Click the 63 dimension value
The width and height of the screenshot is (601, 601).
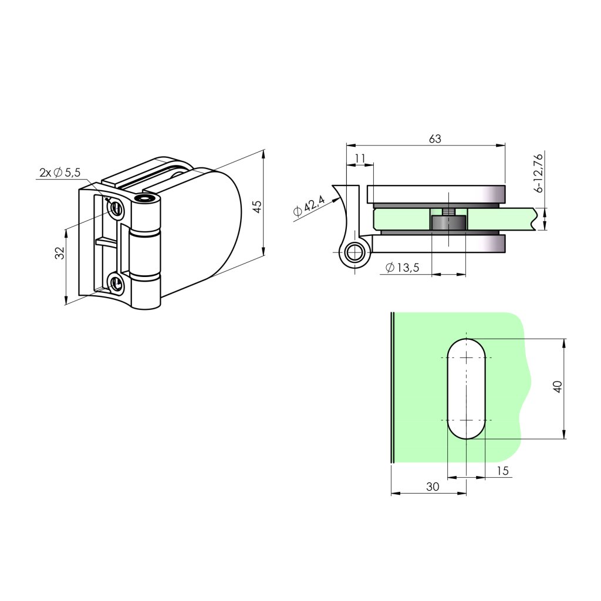(435, 139)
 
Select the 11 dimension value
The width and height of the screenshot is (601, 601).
(360, 158)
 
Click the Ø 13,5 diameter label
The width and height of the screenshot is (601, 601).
(403, 267)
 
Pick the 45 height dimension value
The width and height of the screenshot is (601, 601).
(258, 207)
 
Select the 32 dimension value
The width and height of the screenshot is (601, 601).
(60, 253)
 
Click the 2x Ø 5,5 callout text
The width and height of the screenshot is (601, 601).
(60, 173)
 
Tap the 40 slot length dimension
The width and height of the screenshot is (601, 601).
(558, 386)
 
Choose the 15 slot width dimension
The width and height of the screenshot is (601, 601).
(502, 471)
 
